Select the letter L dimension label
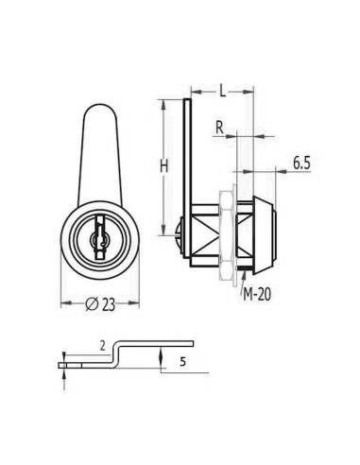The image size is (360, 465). click(221, 89)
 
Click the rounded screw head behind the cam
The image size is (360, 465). click(182, 230)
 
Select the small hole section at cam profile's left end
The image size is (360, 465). click(63, 360)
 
